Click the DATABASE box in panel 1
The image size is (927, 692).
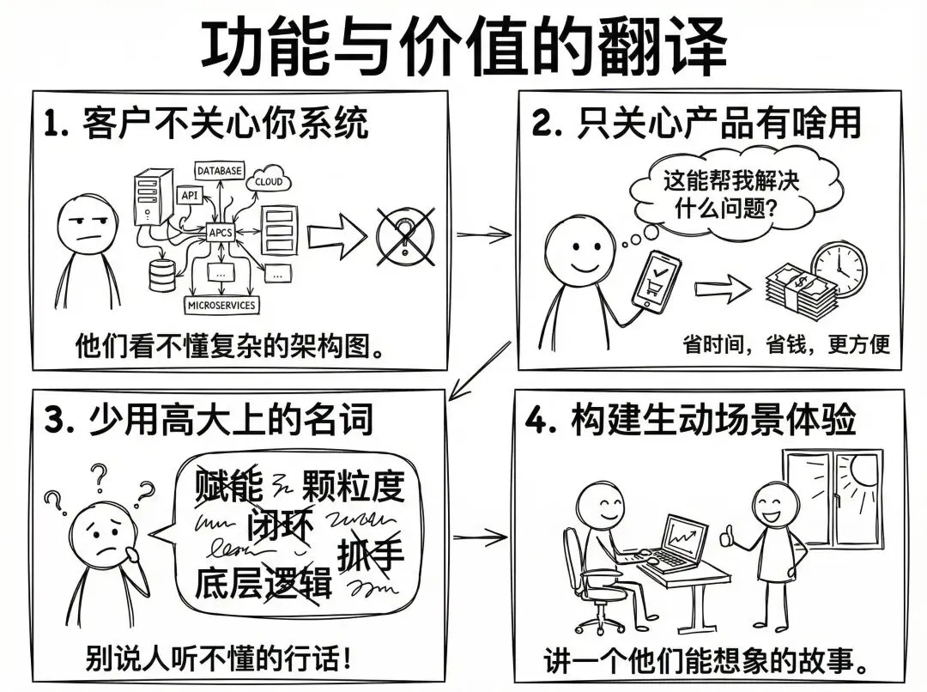[220, 170]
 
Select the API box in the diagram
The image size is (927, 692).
[189, 195]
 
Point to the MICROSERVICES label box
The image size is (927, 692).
[221, 305]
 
